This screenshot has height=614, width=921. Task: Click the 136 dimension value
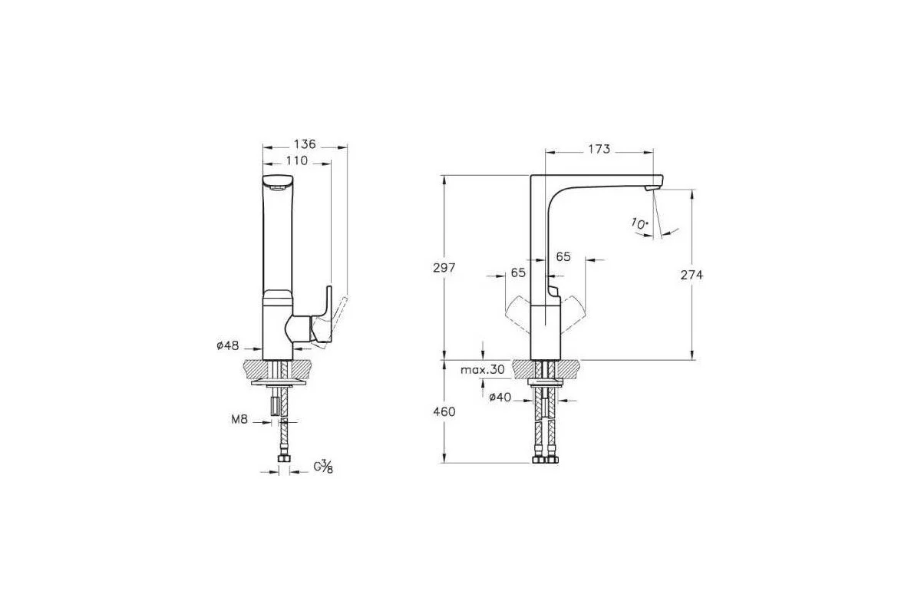pyautogui.click(x=305, y=144)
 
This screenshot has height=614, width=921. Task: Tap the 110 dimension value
pyautogui.click(x=297, y=160)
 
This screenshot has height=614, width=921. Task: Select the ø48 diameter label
pyautogui.click(x=228, y=345)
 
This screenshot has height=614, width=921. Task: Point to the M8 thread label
pyautogui.click(x=239, y=420)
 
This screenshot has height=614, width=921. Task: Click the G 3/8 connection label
pyautogui.click(x=323, y=467)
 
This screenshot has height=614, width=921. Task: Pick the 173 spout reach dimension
pyautogui.click(x=599, y=149)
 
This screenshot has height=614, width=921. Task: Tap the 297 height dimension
pyautogui.click(x=444, y=268)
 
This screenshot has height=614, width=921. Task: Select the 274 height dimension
pyautogui.click(x=692, y=275)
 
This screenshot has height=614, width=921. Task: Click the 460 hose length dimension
pyautogui.click(x=444, y=411)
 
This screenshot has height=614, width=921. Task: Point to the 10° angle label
pyautogui.click(x=640, y=223)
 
